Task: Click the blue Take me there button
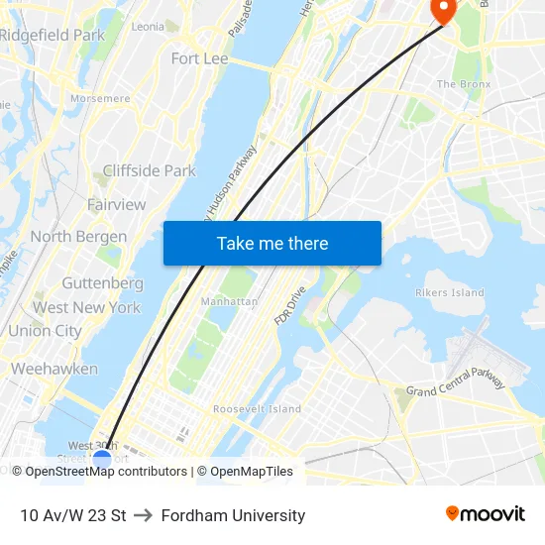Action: pos(272,243)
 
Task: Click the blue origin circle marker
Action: pos(102,460)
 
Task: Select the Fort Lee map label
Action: pos(199,58)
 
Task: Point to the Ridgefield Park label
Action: pos(53,35)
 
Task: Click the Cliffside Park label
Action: pos(149,170)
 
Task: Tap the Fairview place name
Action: pos(116,204)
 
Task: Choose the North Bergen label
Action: pos(78,237)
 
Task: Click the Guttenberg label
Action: pos(102,282)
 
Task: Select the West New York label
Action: pos(86,307)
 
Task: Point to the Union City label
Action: pos(45,331)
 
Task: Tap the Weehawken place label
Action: pos(54,369)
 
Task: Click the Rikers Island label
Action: pos(450,292)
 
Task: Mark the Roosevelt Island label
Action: pos(257,408)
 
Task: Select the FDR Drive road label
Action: pos(291,306)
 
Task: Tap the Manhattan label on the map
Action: pos(229,301)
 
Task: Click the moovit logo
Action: pos(485,513)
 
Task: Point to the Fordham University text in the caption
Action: pos(233,515)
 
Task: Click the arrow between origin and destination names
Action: pos(143,515)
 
